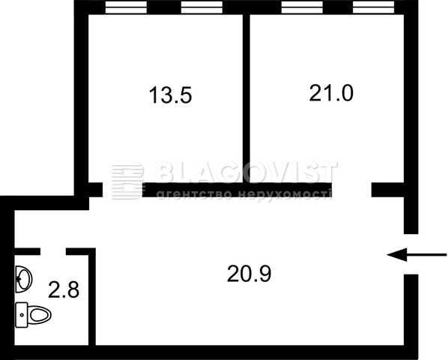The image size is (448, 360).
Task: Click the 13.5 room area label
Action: click(x=170, y=95)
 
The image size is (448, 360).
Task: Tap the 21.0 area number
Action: click(x=331, y=93)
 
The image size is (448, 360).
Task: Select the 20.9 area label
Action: click(x=249, y=274)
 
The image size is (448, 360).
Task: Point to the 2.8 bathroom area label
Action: click(x=64, y=289)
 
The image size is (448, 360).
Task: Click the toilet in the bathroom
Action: click(x=34, y=314)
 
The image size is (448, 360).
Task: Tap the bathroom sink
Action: click(x=23, y=279)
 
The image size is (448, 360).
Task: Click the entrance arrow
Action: click(x=417, y=254)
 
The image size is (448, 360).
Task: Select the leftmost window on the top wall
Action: click(x=126, y=7)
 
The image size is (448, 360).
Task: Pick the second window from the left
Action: click(x=202, y=7)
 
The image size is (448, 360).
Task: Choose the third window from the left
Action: click(x=302, y=7)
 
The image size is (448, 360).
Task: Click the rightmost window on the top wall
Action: click(x=373, y=7)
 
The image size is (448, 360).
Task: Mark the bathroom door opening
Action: click(x=53, y=251)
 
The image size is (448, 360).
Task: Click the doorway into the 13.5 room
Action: click(x=123, y=190)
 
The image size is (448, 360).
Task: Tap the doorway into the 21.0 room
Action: click(x=351, y=190)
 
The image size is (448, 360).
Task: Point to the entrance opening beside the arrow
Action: click(x=411, y=254)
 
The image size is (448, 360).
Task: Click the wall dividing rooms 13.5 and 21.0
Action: click(x=246, y=98)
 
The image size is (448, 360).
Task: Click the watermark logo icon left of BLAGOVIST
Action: click(x=127, y=181)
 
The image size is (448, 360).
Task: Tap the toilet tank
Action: click(x=22, y=315)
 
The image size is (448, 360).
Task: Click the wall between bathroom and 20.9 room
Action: click(x=92, y=297)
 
